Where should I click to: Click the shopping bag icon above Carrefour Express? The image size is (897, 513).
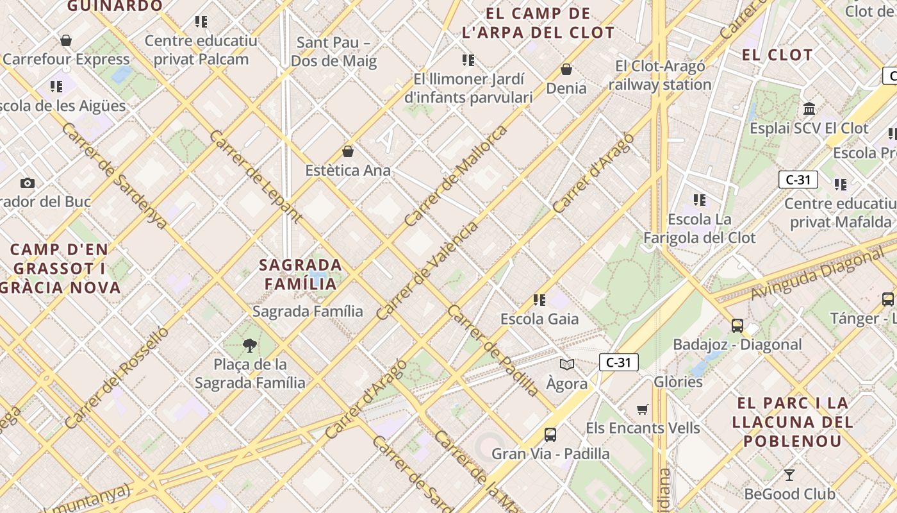65,41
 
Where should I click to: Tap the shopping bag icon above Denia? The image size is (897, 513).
566,69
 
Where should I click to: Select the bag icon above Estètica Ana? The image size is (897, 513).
348,151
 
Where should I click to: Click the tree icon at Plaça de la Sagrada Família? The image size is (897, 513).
250,346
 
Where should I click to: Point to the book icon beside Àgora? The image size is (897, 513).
566,365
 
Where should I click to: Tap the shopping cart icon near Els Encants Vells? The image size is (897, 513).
643,409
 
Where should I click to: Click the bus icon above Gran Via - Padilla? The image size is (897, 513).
550,435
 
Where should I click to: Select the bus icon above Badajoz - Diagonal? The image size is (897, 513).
737,326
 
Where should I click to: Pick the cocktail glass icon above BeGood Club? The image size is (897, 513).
789,475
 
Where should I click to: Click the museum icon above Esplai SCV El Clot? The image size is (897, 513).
809,108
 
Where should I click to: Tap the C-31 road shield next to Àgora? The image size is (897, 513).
618,362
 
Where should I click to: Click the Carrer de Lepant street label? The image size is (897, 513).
255,176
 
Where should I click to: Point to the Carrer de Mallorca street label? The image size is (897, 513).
456,175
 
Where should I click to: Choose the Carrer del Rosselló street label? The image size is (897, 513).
117,378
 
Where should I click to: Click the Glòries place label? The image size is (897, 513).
678,382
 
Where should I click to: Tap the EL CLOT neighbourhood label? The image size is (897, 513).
777,55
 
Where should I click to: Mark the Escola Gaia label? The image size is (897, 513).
539,319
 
